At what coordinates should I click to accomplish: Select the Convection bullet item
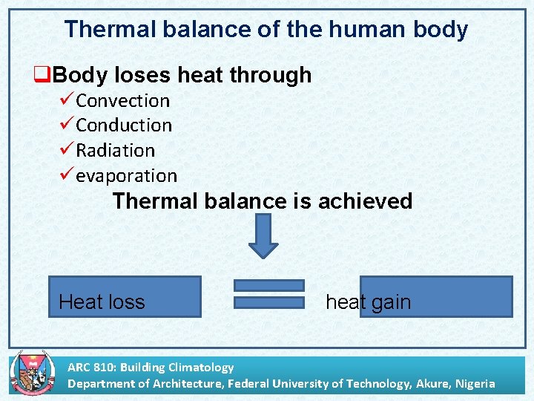coord(123,100)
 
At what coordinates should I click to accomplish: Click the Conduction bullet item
coord(124,125)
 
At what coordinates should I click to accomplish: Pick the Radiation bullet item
coord(116,151)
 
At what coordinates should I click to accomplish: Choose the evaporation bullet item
coord(127,176)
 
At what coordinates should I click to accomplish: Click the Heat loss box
coord(125,297)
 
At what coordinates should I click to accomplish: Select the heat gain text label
coord(368,302)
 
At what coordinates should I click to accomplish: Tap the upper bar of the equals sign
coord(268,285)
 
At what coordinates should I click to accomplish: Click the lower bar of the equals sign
coord(268,302)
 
